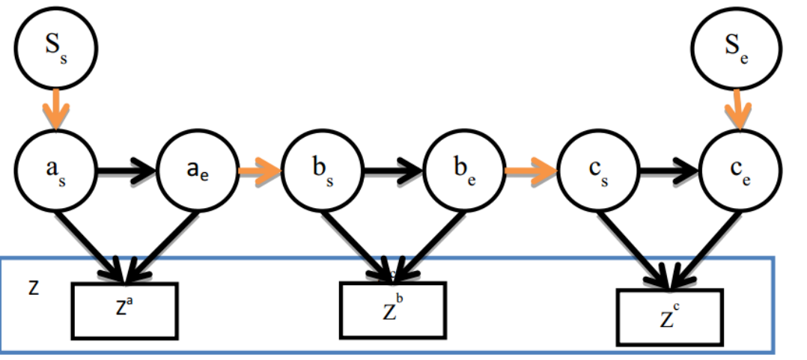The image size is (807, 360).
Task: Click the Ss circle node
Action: [x=55, y=48]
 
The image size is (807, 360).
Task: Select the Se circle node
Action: [x=737, y=49]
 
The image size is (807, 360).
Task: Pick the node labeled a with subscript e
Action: [x=198, y=170]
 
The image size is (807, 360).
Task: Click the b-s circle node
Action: [x=323, y=170]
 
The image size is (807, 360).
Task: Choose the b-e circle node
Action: [x=464, y=170]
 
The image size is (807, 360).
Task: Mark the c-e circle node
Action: [x=740, y=170]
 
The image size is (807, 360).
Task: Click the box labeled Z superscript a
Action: [x=124, y=311]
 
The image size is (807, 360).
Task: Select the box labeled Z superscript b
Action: [x=393, y=310]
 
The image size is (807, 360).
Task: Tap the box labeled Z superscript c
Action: [x=669, y=317]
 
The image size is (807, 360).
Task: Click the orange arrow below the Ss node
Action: [x=55, y=109]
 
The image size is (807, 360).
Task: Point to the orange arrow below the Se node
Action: [x=739, y=110]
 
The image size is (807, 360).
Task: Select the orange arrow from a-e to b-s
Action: [x=261, y=170]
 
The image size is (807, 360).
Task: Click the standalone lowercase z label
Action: [x=34, y=288]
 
